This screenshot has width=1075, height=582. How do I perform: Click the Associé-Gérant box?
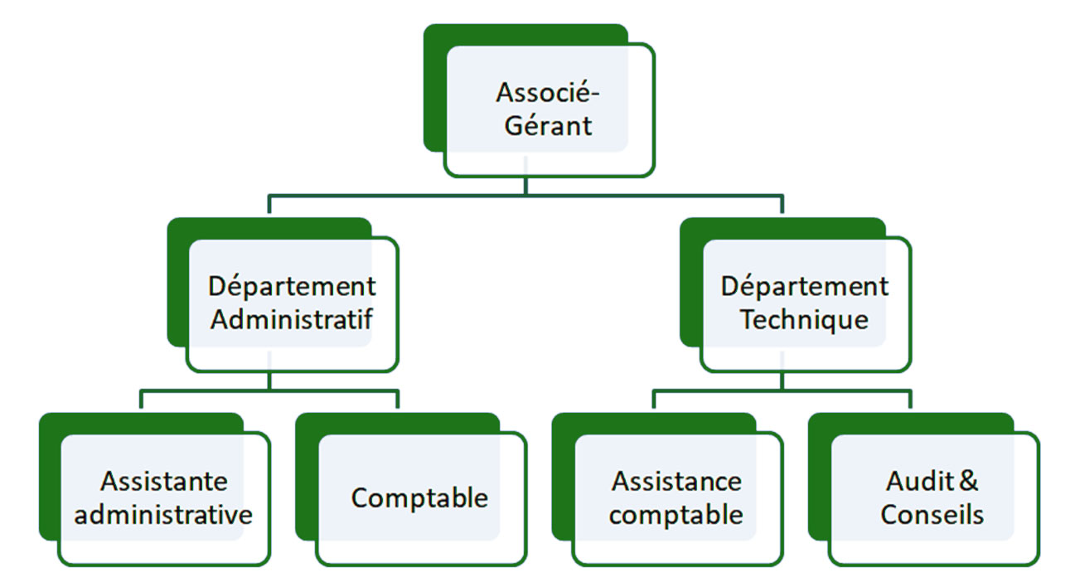(x=548, y=109)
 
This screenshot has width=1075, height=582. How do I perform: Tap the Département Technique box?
(x=804, y=303)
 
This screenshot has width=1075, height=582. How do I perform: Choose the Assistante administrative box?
(x=164, y=498)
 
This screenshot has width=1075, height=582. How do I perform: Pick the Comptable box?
(x=420, y=498)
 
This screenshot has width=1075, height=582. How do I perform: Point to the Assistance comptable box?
(x=676, y=498)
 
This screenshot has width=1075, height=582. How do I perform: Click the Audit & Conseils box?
(x=932, y=498)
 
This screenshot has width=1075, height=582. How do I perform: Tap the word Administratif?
(x=292, y=320)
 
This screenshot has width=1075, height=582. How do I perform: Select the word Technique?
(x=804, y=320)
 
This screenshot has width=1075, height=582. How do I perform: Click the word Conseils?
(x=932, y=515)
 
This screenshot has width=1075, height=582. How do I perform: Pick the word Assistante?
(x=164, y=481)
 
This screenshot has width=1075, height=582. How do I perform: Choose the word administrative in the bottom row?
(x=164, y=515)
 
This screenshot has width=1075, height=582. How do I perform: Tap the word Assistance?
(x=676, y=481)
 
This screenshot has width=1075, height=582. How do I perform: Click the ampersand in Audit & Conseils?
(x=968, y=481)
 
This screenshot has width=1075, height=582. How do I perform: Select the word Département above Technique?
(x=804, y=287)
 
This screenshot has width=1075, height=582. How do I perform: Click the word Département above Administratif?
(x=292, y=287)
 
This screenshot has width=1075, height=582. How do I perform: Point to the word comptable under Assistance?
(x=676, y=515)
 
